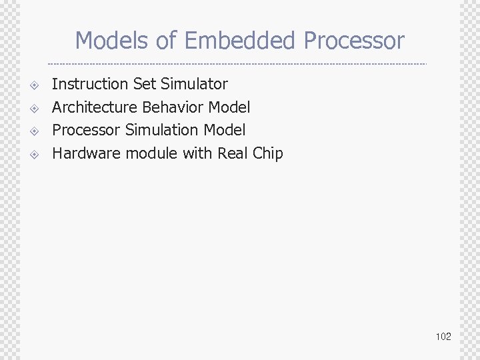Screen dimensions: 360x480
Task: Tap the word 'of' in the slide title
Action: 167,41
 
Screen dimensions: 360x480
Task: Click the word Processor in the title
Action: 354,41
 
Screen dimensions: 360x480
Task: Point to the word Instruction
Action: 90,84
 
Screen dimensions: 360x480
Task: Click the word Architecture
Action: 95,107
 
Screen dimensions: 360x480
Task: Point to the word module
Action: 151,153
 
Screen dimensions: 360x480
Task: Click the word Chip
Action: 268,153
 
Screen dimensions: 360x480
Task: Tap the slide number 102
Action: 443,337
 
